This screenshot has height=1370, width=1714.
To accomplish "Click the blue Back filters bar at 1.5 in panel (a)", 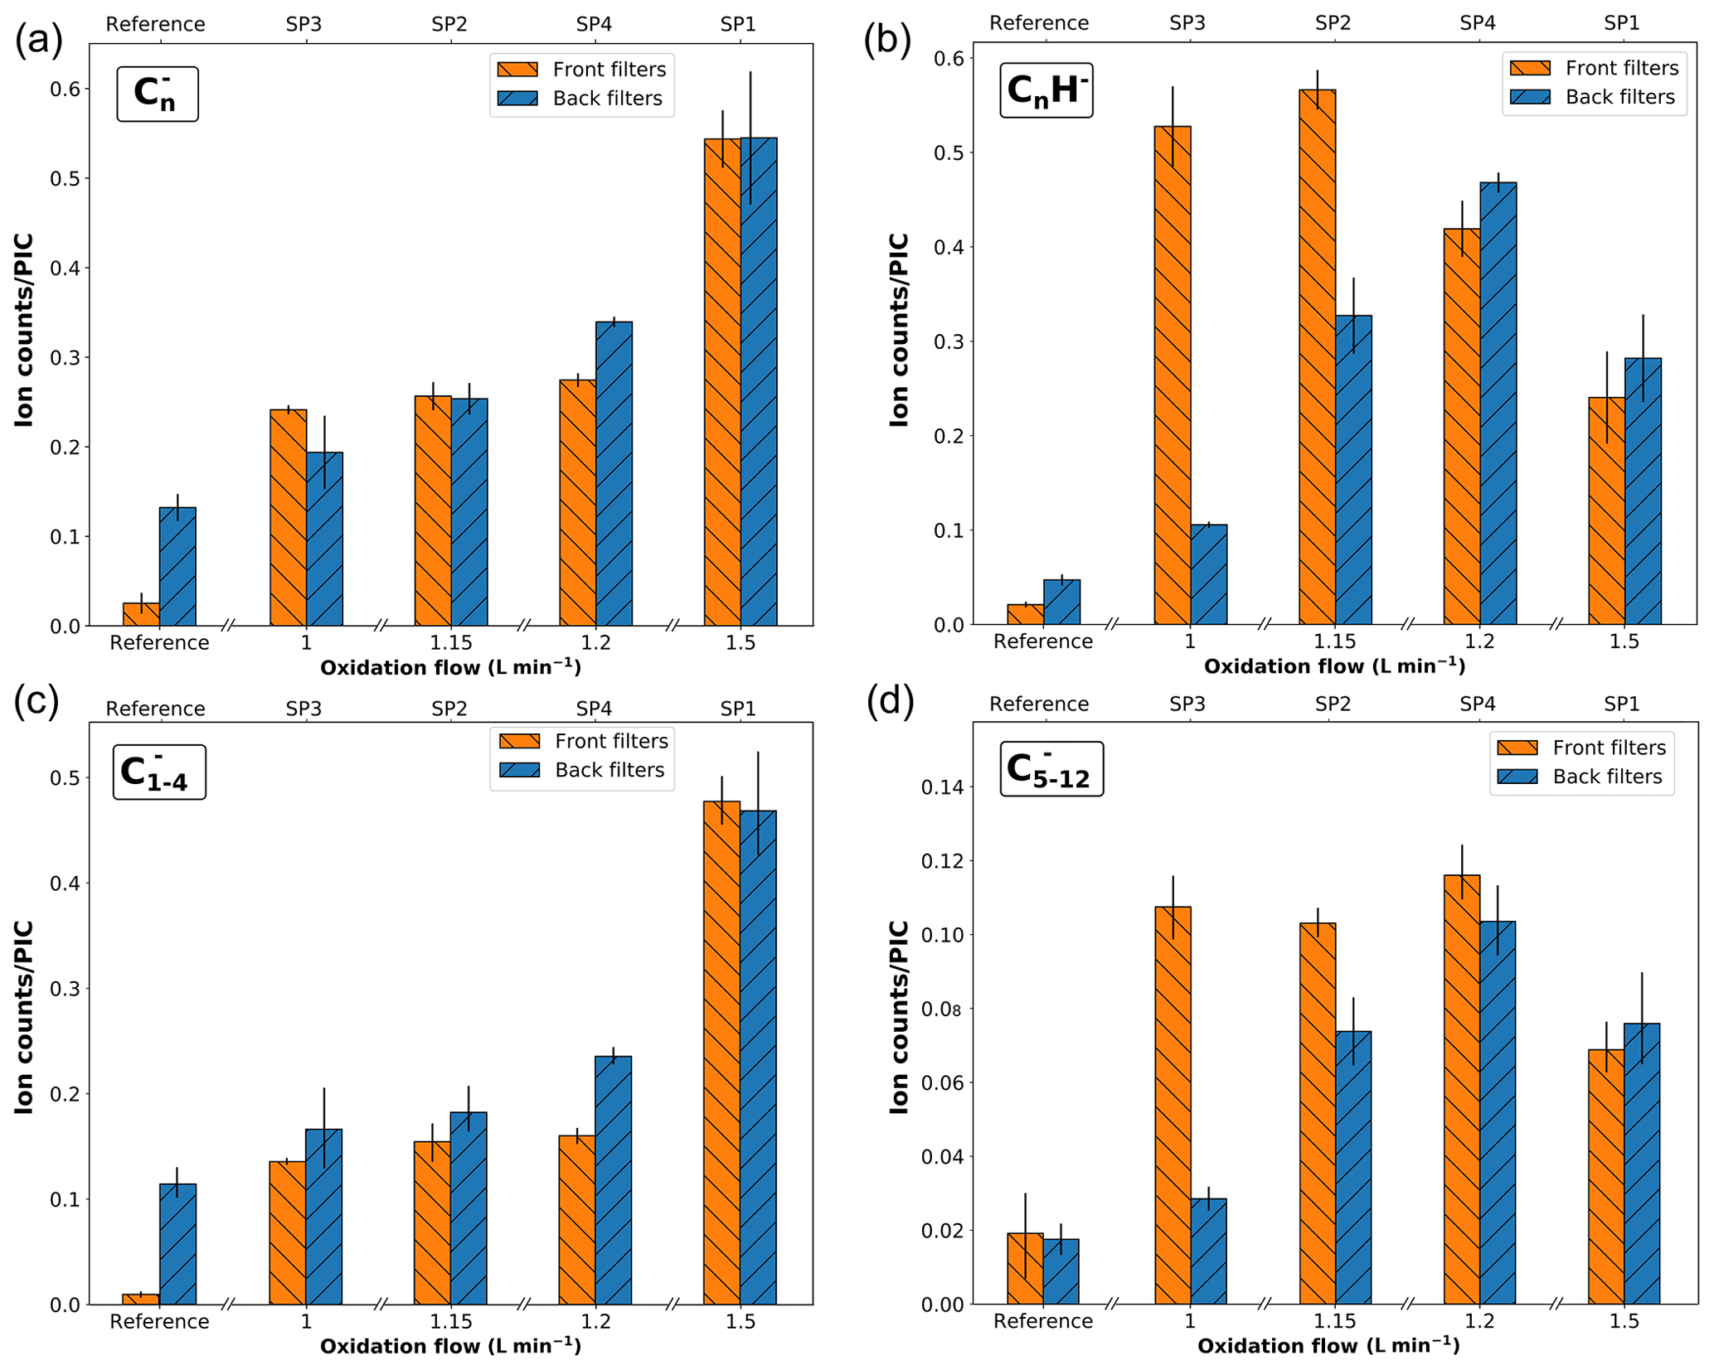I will pyautogui.click(x=758, y=381).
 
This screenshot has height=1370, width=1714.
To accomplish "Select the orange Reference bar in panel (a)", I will pyautogui.click(x=141, y=614).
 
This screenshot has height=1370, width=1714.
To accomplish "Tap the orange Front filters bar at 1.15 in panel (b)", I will pyautogui.click(x=1316, y=356).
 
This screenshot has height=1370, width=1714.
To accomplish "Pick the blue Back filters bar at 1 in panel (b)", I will pyautogui.click(x=1208, y=574).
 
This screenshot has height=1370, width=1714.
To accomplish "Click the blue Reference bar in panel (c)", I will pyautogui.click(x=177, y=1243).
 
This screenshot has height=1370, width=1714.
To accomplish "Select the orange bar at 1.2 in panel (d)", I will pyautogui.click(x=1461, y=1089).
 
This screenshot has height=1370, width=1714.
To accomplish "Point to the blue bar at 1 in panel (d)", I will pyautogui.click(x=1208, y=1251).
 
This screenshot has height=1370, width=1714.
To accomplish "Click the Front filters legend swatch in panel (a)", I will pyautogui.click(x=517, y=70).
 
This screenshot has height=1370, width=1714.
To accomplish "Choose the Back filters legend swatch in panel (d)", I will pyautogui.click(x=1517, y=777).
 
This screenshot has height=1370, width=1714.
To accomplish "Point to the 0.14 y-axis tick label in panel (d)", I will pyautogui.click(x=944, y=787).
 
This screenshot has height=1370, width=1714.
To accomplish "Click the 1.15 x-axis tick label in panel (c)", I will pyautogui.click(x=450, y=1321).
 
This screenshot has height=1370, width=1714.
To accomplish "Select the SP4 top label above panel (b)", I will pyautogui.click(x=1477, y=23).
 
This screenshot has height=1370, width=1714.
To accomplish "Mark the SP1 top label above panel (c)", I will pyautogui.click(x=738, y=709).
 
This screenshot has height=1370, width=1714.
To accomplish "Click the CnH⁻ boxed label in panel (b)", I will pyautogui.click(x=1046, y=90).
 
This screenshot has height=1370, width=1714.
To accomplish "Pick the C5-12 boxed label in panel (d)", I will pyautogui.click(x=1051, y=769).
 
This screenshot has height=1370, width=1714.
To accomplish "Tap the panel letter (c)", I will pyautogui.click(x=36, y=700).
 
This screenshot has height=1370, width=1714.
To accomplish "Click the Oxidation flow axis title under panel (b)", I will pyautogui.click(x=1333, y=666).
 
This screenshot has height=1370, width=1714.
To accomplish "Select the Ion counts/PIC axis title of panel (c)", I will pyautogui.click(x=24, y=1017).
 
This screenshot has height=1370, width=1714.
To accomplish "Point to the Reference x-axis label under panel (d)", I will pyautogui.click(x=1042, y=1321).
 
